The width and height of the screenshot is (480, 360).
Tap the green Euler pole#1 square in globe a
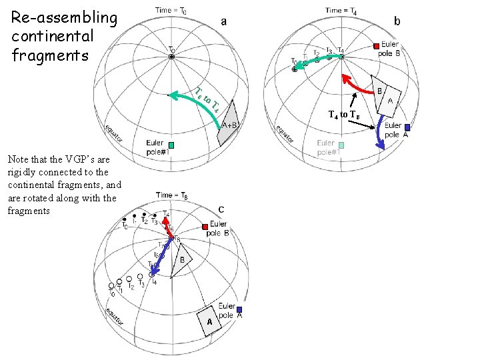171,145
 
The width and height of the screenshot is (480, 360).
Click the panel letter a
223,21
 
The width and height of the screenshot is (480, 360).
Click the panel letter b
397,21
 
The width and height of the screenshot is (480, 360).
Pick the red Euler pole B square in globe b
376,46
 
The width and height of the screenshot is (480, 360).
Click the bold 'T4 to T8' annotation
344,115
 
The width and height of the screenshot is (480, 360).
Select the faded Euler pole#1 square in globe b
341,145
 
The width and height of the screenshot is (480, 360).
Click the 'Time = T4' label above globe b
345,10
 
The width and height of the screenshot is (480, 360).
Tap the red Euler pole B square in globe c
206,227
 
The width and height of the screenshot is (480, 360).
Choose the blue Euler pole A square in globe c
239,309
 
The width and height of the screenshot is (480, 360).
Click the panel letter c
221,209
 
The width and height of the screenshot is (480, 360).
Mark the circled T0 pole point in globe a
172,58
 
